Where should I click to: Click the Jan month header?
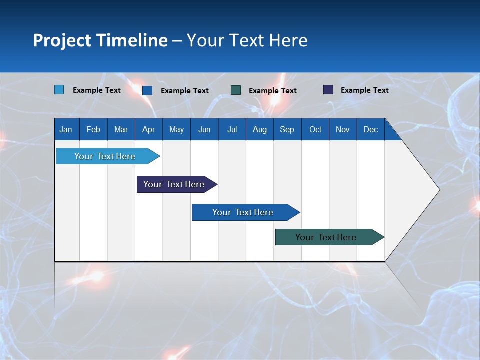66,129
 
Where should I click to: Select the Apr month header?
148,129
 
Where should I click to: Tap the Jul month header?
232,129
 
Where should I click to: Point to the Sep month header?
287,129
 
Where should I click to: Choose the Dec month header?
370,129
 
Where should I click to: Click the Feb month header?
93,129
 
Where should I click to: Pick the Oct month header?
315,129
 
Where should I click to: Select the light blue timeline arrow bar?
105,156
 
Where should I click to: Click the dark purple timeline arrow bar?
174,184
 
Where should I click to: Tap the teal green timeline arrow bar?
326,237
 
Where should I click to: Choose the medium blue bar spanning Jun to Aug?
243,212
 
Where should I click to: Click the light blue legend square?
59,90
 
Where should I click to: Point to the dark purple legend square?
328,90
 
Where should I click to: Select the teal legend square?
236,90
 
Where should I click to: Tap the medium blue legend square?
147,90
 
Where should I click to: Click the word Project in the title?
62,40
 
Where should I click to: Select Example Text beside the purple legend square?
364,90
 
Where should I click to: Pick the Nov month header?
343,129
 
